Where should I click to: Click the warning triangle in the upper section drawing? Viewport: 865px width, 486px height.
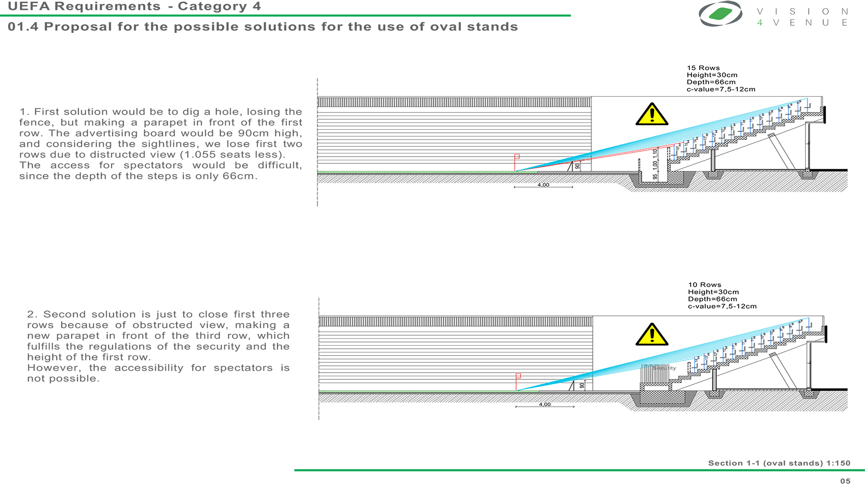[651, 115]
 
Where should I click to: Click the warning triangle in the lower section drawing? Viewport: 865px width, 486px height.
[651, 335]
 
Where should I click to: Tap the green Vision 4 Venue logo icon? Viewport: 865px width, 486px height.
[720, 13]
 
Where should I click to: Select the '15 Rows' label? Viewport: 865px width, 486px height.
[703, 68]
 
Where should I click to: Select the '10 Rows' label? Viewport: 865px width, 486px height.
[704, 285]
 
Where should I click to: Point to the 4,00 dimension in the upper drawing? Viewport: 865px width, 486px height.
[543, 185]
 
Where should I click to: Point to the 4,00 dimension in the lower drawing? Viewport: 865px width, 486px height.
[545, 405]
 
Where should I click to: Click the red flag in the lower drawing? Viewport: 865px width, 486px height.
[518, 376]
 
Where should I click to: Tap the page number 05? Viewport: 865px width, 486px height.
[845, 481]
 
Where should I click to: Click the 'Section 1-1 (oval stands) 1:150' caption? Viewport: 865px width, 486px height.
[779, 463]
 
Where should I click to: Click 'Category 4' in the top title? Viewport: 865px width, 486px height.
[219, 7]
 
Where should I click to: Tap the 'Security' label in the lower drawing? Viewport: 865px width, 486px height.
[664, 368]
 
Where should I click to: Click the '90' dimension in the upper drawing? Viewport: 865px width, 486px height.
[578, 166]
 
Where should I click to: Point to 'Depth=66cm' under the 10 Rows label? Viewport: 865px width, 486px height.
[712, 299]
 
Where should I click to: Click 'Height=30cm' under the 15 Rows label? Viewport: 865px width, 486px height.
[712, 75]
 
